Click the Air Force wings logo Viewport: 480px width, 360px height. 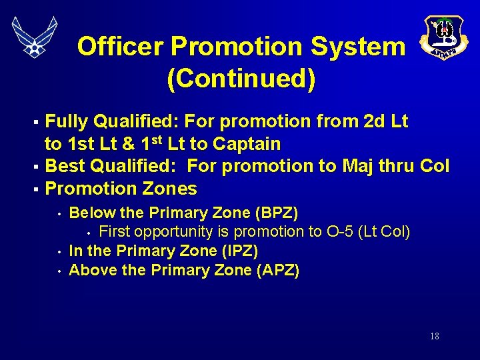click(x=35, y=37)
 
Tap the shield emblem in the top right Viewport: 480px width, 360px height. click(x=441, y=38)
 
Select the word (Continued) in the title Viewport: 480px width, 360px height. click(x=241, y=79)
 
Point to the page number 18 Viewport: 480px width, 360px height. click(x=434, y=336)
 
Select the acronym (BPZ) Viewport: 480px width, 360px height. click(x=277, y=213)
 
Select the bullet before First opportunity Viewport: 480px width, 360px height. click(x=89, y=233)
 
